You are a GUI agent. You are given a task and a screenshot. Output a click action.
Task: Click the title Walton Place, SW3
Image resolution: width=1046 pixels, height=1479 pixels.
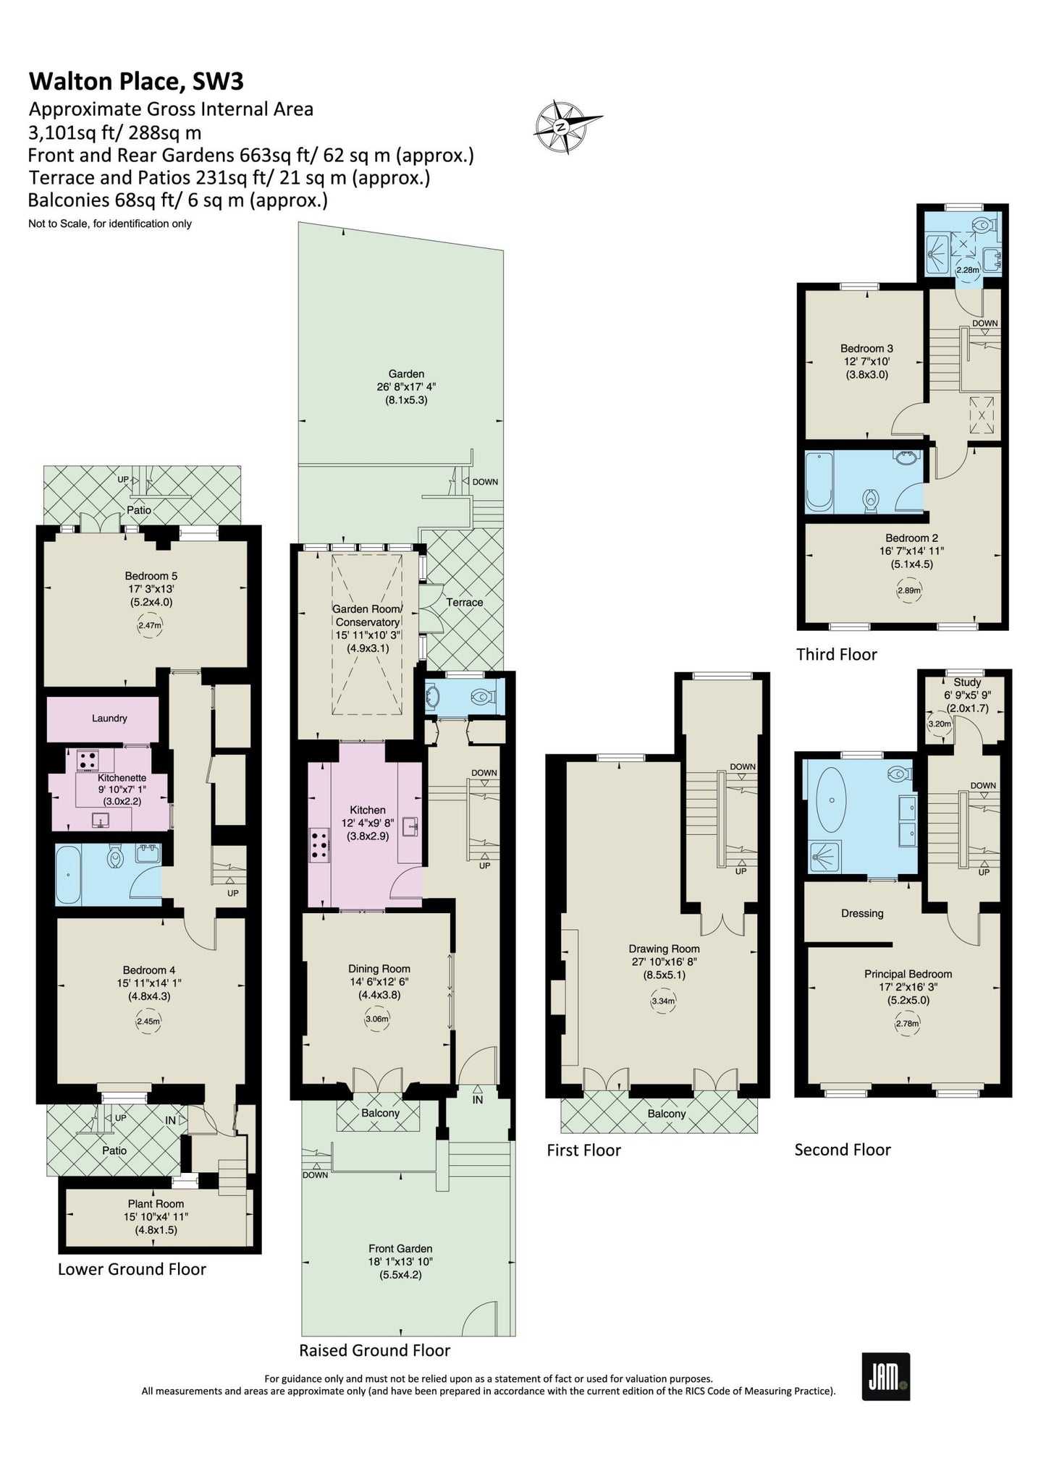(136, 81)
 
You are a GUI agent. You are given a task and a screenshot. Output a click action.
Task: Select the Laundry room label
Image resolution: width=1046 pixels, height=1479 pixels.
(109, 718)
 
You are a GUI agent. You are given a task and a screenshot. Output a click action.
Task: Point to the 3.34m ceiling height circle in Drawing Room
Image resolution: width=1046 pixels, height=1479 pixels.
(663, 1001)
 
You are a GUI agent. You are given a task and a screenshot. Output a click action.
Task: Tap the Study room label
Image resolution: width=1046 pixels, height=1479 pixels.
(967, 682)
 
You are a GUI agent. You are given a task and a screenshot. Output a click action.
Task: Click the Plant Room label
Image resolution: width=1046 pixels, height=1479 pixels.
(156, 1203)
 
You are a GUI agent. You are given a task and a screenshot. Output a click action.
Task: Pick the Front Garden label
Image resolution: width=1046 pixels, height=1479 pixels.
(400, 1248)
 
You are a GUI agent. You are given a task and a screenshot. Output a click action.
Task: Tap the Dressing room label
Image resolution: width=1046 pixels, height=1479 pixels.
(862, 913)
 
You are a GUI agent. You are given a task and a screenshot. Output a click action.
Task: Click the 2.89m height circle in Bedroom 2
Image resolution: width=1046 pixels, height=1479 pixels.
(909, 590)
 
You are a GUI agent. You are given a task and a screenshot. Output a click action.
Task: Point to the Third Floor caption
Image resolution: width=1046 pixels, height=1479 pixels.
(836, 654)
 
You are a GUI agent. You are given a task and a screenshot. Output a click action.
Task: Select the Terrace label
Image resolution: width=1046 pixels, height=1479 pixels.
(464, 602)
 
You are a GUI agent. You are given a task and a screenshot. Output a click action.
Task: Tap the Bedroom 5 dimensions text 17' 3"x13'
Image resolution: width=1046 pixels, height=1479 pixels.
(151, 589)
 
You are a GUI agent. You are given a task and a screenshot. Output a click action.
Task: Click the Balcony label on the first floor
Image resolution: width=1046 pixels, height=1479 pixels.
(666, 1114)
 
